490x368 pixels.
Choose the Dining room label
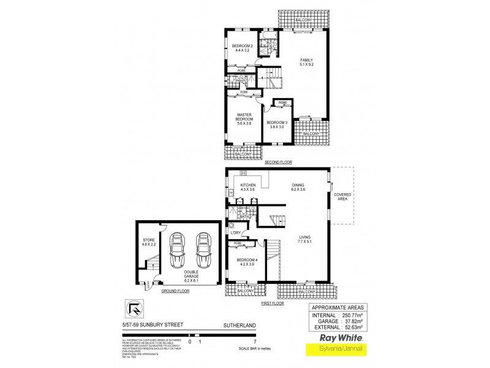pyautogui.click(x=298, y=188)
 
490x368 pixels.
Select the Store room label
pyautogui.click(x=149, y=242)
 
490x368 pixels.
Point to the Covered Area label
pyautogui.click(x=342, y=197)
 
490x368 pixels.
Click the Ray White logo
pyautogui.click(x=336, y=338)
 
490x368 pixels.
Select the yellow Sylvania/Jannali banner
pyautogui.click(x=336, y=350)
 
